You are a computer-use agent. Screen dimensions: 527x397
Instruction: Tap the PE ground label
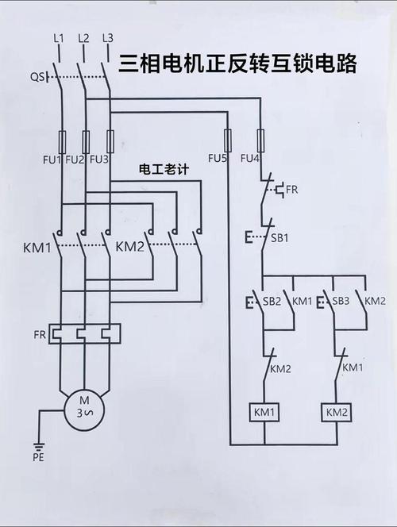39,457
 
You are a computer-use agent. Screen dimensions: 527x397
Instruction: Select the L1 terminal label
58,37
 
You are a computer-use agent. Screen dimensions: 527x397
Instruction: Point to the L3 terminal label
108,37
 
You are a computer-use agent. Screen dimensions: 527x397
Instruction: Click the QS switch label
37,77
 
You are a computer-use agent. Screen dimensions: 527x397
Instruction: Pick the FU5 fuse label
218,159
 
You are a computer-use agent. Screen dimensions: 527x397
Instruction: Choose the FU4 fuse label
250,159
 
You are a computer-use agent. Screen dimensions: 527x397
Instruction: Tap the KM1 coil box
264,413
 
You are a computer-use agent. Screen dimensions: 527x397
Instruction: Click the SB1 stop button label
279,238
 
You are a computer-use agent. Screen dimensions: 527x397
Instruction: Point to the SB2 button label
272,301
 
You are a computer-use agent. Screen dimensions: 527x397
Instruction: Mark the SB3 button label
341,301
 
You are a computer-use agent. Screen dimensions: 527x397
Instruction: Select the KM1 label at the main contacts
37,248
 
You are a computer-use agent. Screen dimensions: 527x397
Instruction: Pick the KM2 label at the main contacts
129,247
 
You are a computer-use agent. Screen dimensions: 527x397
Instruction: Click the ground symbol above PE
39,444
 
